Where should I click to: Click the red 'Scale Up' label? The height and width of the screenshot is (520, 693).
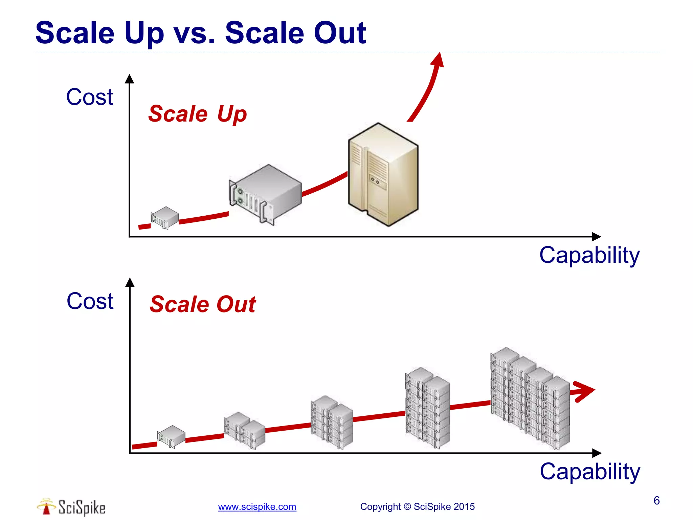[x=198, y=114]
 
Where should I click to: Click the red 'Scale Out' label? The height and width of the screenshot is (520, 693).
[x=203, y=304]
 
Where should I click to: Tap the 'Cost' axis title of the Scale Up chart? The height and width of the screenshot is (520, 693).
[x=89, y=97]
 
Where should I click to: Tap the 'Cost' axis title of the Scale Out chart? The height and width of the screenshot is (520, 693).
[x=90, y=301]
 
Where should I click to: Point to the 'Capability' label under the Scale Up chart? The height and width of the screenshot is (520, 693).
[x=589, y=256]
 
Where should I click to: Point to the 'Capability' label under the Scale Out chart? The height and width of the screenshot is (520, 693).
[x=590, y=472]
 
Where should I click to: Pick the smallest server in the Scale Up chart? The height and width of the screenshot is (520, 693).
[x=165, y=218]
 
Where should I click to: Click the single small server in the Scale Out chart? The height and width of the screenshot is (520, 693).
[x=171, y=436]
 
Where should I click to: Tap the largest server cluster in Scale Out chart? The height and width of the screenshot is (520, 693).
[x=530, y=398]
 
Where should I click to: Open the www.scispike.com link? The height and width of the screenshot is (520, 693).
[x=257, y=507]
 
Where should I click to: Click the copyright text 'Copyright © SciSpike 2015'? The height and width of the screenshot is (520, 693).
[x=417, y=507]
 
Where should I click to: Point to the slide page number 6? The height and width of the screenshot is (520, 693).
[x=656, y=500]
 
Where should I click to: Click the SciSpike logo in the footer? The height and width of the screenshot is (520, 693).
[x=71, y=507]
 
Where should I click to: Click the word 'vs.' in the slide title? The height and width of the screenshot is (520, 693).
[x=194, y=33]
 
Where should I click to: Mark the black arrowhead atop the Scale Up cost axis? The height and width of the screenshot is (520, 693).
[x=129, y=79]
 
